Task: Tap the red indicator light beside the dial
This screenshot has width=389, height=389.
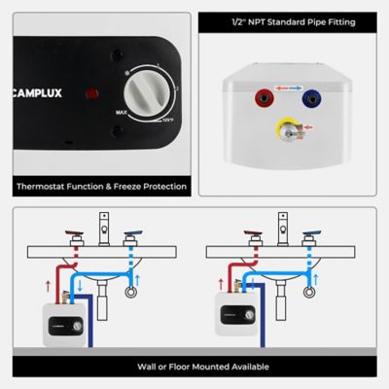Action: click(x=92, y=95)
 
